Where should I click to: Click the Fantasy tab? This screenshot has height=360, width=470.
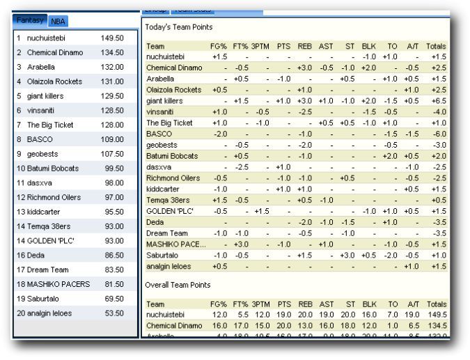[31, 21]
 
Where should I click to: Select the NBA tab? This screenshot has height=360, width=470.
[58, 22]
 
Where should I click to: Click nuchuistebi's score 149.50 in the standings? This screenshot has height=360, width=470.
[112, 38]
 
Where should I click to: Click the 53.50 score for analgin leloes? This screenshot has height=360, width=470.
[112, 313]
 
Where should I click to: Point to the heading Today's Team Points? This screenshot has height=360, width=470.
[178, 26]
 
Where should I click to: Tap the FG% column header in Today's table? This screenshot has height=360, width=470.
[219, 46]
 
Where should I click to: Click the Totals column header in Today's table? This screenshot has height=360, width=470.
[437, 46]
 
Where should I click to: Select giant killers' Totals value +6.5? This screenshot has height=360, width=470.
[438, 101]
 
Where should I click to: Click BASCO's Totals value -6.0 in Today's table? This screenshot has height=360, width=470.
[438, 134]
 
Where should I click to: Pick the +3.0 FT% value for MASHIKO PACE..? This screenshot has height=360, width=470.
[241, 244]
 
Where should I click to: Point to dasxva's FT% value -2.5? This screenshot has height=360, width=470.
[241, 167]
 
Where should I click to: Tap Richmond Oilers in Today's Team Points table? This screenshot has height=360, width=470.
[173, 178]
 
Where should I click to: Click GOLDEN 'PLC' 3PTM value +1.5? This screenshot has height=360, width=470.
[261, 211]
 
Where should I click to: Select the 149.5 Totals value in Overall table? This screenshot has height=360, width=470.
[437, 315]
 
